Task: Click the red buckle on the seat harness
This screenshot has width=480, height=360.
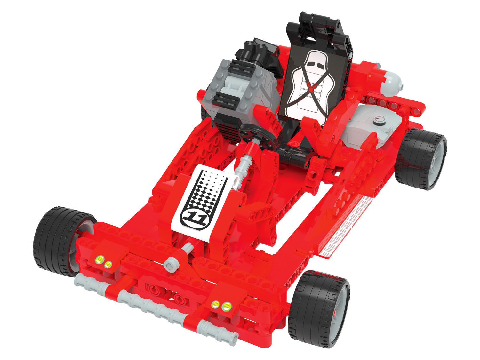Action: click(311, 89)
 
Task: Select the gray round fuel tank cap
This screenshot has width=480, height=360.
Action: click(380, 120)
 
